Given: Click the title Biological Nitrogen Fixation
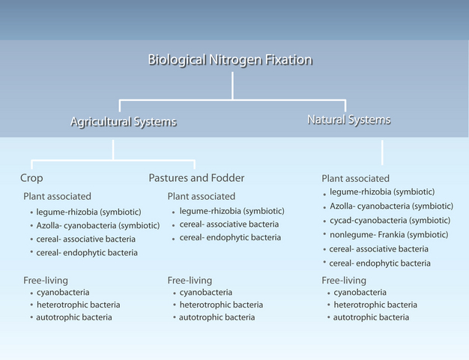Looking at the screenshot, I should coord(229,61).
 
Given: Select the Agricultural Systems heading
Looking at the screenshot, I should coord(124,121).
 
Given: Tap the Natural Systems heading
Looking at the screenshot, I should coord(348,119).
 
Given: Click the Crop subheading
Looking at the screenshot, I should coord(31,178).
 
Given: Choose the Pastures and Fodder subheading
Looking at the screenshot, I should coord(196,178).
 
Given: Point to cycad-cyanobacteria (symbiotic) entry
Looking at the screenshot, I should coord(390,220).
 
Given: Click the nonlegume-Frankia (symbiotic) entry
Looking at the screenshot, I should coord(389,234).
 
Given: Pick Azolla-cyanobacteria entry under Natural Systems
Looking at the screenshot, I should coord(391,206).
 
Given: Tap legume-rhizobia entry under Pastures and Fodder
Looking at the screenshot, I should coord(232,210).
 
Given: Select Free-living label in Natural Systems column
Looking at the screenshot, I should coord(344,280).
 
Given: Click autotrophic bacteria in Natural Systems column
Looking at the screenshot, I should coord(371,317).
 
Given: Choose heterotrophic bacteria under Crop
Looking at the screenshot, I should coord(78,305).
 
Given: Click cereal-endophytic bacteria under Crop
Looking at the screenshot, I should coord(87,252).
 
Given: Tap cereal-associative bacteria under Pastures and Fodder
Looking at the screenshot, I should coord(229,224).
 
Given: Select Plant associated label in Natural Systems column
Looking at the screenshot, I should coord(355,178).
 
